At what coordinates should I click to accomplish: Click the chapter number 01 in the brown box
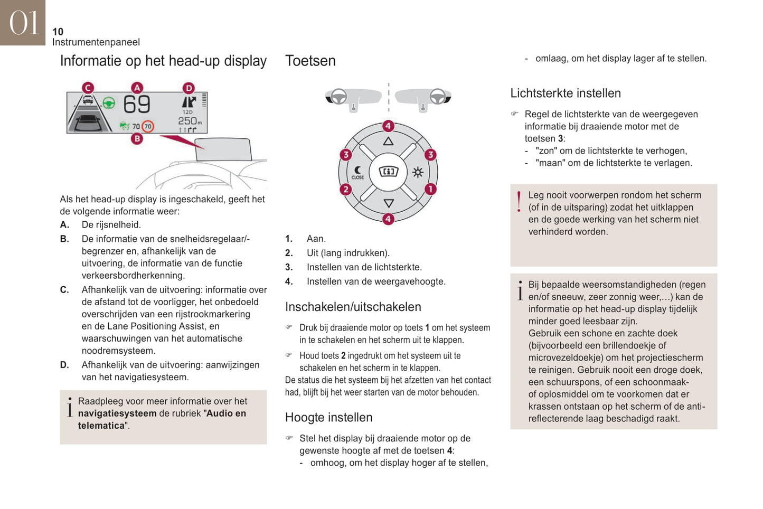[x=24, y=23]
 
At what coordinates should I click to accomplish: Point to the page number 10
[x=58, y=32]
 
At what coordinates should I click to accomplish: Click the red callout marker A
[x=137, y=88]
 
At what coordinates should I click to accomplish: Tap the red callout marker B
[x=137, y=139]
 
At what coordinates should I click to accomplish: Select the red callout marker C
[x=88, y=88]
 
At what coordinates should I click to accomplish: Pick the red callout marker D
[x=189, y=88]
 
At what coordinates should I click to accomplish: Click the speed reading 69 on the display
[x=137, y=105]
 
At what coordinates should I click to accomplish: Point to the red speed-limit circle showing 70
[x=148, y=126]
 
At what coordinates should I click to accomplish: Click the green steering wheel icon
[x=109, y=102]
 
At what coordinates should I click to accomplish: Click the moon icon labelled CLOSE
[x=358, y=172]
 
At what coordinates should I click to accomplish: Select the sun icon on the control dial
[x=418, y=172]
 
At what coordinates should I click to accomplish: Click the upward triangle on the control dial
[x=388, y=142]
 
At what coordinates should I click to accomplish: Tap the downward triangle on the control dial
[x=389, y=203]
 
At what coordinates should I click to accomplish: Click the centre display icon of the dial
[x=389, y=172]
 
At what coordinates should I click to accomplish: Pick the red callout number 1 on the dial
[x=430, y=189]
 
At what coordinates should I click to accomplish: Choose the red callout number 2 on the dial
[x=346, y=189]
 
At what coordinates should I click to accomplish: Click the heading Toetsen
[x=310, y=61]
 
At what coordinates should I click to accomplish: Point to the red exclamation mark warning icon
[x=519, y=202]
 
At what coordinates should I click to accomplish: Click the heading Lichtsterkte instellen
[x=565, y=93]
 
